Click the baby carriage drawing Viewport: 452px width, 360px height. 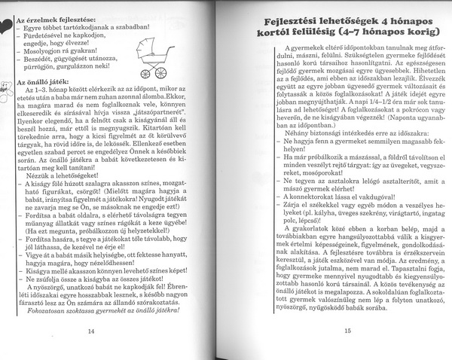coord(155,59)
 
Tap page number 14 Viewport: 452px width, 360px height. coord(90,331)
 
